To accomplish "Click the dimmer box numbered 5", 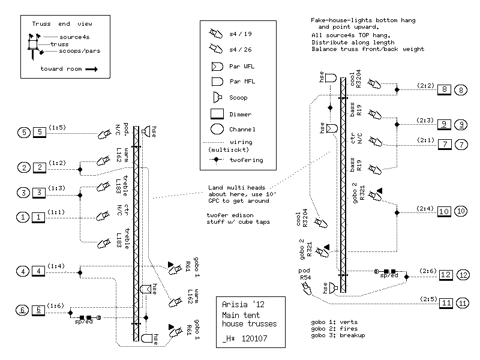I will pos(39,133).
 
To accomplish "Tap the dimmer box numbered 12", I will pos(445,275).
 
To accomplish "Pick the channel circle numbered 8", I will pos(460,91).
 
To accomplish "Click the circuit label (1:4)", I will pos(57,266).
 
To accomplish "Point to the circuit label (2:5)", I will pos(428,298).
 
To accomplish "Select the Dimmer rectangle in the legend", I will pos(217,114).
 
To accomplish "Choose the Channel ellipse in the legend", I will pos(217,129).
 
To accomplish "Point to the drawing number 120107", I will pos(254,338).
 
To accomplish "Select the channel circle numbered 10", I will pos(460,211).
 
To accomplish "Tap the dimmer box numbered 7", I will pos(445,144).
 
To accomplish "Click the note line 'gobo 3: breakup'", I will pos(335,335).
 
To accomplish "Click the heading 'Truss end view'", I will pos(62,24).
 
